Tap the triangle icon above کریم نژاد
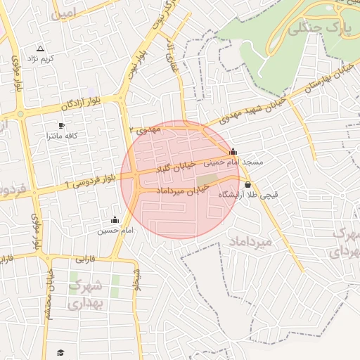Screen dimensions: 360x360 coord(40,49)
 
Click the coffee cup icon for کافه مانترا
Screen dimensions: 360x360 coord(61,125)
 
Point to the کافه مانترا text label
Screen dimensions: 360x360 coord(61,135)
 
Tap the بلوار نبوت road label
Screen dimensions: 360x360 coord(133,60)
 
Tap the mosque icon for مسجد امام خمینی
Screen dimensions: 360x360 coord(233,151)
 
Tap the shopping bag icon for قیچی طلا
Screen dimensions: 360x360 coord(247,185)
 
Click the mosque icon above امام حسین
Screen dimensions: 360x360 coord(115,220)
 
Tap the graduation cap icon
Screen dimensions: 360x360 coord(60,352)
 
